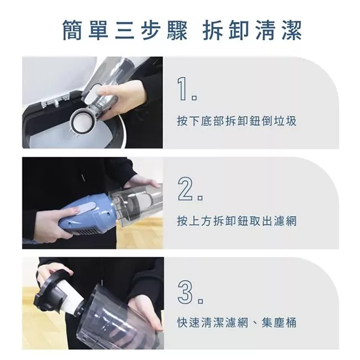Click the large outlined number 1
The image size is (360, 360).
click(x=183, y=89)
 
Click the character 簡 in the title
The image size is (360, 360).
click(x=72, y=30)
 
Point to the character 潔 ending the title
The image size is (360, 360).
click(x=291, y=30)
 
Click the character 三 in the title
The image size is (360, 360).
click(x=125, y=30)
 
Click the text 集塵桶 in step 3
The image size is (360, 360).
click(x=279, y=322)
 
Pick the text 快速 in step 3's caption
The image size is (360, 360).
click(x=188, y=322)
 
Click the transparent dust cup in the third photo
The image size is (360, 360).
click(x=120, y=317)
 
